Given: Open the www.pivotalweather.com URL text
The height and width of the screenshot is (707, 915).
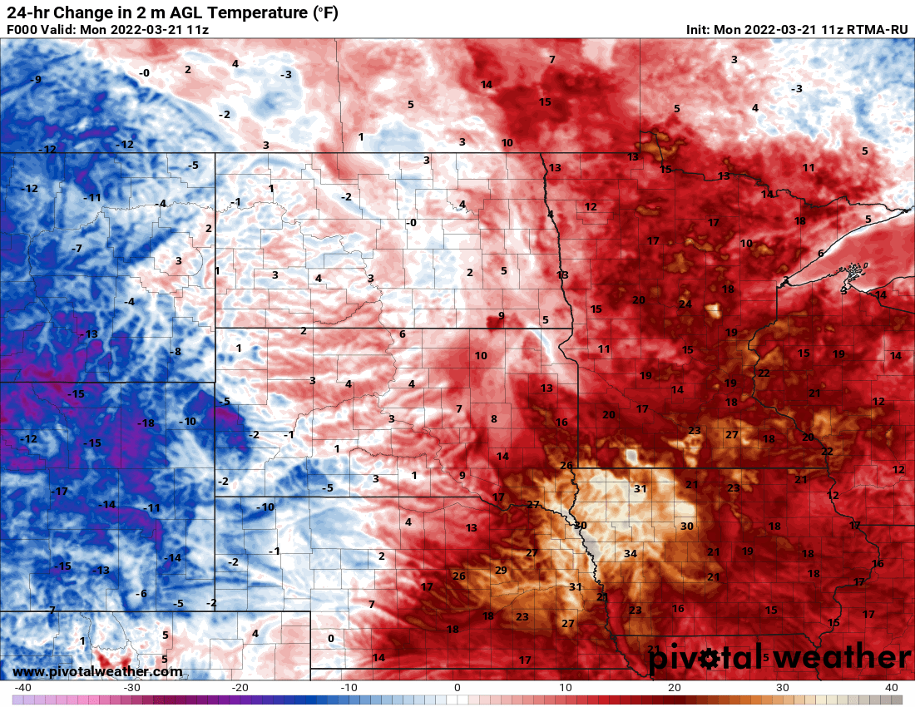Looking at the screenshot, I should [97, 671].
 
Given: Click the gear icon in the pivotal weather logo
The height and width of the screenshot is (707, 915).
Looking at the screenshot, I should [710, 660].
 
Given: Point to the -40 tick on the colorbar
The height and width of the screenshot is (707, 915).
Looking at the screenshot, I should [22, 688].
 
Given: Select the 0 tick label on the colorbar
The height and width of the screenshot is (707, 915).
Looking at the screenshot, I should [457, 688].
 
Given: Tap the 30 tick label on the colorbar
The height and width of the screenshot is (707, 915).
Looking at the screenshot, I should [783, 688].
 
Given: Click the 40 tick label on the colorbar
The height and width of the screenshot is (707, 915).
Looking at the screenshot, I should [892, 688].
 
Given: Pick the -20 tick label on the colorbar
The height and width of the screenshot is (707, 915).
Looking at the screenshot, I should [240, 688].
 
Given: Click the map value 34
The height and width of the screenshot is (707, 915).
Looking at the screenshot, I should [631, 554].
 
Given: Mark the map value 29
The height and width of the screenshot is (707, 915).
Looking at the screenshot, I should [501, 570].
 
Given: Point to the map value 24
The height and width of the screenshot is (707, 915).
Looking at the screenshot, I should [685, 304].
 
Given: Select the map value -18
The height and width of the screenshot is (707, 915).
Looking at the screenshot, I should [146, 423].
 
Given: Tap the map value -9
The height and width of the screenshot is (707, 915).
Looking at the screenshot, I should [36, 80].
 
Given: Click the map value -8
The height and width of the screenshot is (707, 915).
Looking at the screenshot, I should [176, 352].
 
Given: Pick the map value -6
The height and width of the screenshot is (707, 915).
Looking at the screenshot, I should [141, 593].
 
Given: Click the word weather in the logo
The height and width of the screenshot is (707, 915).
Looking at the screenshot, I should [832, 658].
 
